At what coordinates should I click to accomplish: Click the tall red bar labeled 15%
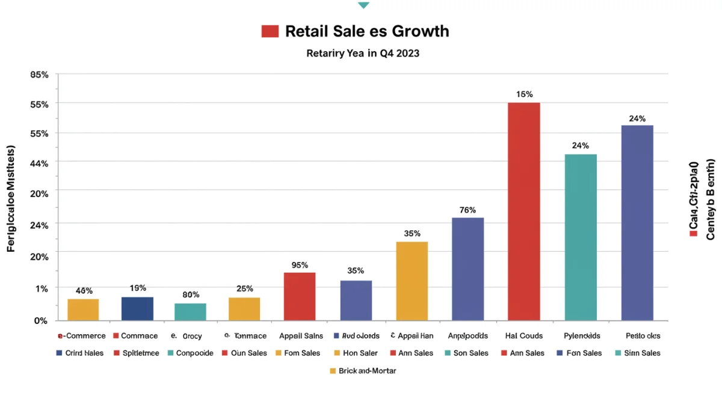523,212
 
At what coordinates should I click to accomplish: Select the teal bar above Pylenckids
581,237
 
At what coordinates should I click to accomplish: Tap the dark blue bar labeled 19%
137,308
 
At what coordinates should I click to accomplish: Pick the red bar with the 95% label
299,296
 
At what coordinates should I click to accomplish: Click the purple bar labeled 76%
467,269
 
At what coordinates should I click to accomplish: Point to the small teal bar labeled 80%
190,311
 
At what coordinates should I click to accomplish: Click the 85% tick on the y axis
39,75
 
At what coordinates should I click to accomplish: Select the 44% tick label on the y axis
39,162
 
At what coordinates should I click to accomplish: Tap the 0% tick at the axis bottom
40,321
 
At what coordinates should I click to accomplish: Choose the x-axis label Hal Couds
523,336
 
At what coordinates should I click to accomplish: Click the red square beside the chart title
270,31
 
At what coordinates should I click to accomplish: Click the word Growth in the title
419,31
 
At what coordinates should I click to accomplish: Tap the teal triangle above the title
363,5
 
